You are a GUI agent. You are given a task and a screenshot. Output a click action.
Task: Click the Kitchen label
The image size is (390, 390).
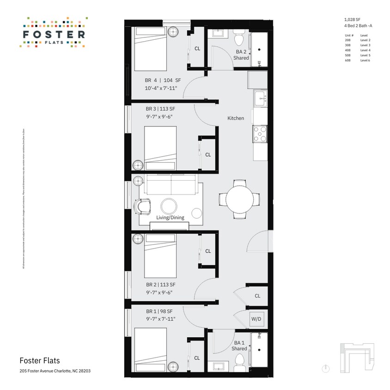click(236, 118)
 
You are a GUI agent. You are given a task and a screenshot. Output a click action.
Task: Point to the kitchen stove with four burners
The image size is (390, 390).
click(259, 134)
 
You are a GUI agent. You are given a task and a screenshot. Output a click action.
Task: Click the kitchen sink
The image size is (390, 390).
click(260, 98)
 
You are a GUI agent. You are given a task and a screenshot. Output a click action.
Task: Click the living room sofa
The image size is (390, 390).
click(171, 187)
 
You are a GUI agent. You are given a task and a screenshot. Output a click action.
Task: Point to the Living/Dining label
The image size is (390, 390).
click(170, 218)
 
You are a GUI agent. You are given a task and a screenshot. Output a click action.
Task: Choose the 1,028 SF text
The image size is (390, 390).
click(352, 19)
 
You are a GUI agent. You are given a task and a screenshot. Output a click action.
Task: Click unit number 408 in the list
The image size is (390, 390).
click(347, 50)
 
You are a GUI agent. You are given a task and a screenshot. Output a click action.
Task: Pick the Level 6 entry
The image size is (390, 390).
click(365, 60)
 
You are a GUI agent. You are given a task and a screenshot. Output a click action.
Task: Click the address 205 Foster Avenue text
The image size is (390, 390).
click(51, 371)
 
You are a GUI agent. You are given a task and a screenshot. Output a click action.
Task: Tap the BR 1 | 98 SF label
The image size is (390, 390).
click(159, 311)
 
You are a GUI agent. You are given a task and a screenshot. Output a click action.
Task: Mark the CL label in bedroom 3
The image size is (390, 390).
click(208, 155)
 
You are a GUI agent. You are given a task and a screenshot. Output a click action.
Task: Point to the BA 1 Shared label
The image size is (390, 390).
click(239, 346)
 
